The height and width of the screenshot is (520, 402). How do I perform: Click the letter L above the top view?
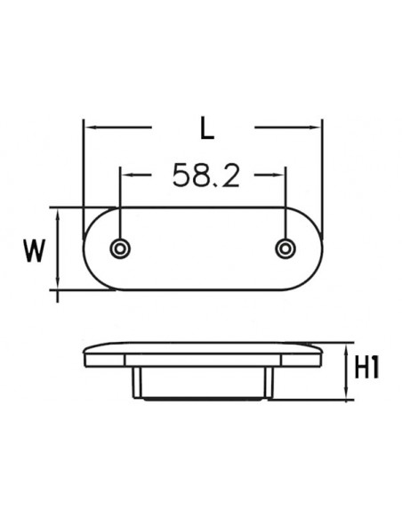(206, 130)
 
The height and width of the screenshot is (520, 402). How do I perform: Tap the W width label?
(34, 250)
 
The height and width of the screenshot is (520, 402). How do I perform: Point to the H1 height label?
(366, 368)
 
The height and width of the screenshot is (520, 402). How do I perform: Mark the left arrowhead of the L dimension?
(87, 128)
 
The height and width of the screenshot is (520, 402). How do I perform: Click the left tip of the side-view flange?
(84, 355)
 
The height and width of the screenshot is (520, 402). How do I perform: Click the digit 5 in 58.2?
(181, 176)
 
